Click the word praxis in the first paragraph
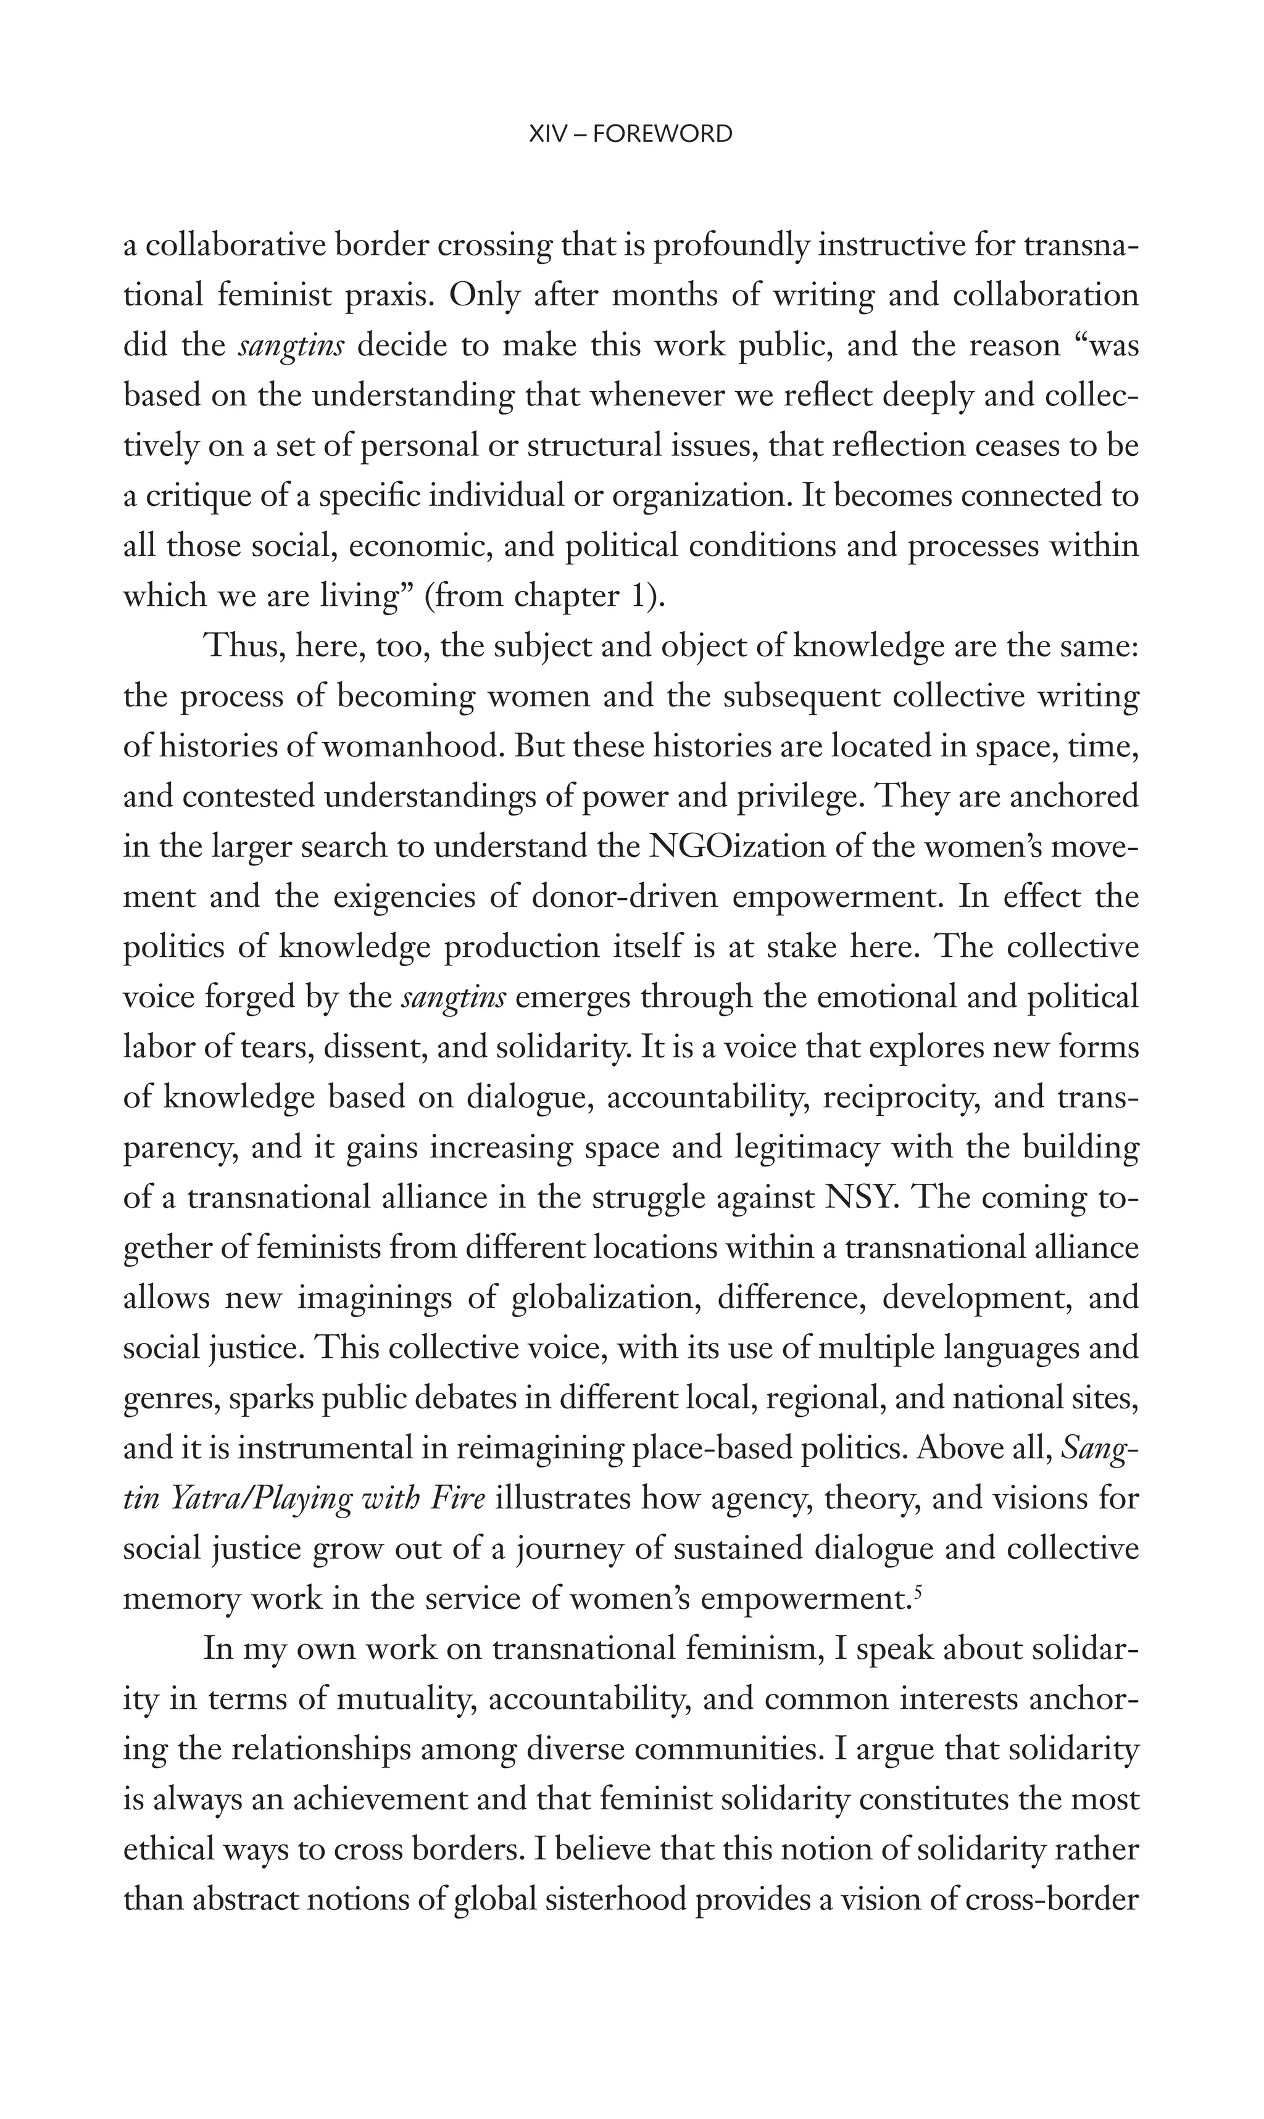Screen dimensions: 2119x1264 (x=390, y=296)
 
